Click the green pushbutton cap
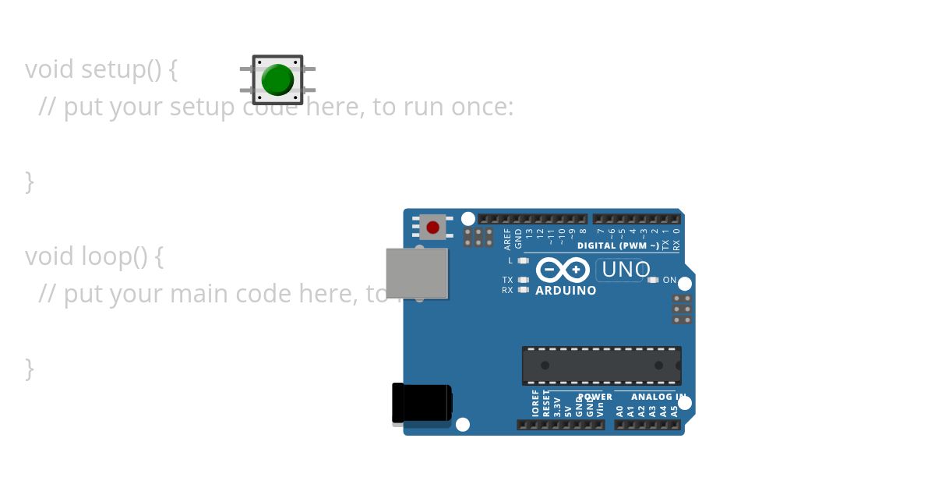[x=277, y=79]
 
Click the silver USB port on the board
[x=417, y=273]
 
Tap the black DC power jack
[x=422, y=404]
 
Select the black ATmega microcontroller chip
[x=601, y=366]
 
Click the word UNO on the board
[x=626, y=270]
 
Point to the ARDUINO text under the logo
[x=566, y=291]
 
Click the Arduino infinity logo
[x=562, y=270]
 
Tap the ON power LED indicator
[x=653, y=280]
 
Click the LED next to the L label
[x=524, y=260]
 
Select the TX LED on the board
[x=524, y=280]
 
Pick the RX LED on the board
[x=524, y=290]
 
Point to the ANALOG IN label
[x=658, y=397]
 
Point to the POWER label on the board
[x=596, y=397]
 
